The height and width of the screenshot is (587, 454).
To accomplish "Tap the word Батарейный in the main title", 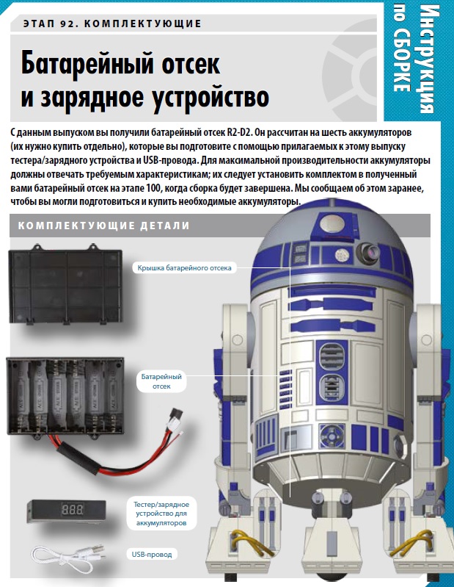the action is tap(87, 64).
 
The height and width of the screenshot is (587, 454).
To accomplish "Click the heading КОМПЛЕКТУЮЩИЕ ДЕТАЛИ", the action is tap(104, 226).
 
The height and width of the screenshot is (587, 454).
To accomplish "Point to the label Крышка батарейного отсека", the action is tap(184, 267).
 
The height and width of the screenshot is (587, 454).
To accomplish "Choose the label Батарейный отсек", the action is tap(161, 381).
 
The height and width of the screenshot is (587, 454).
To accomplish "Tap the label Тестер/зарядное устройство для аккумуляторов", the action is tap(161, 514).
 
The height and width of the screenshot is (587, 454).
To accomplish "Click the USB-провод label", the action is tap(152, 554).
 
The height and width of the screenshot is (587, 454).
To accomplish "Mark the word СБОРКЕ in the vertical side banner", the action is tap(402, 61).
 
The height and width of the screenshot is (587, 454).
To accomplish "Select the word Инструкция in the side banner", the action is tap(427, 60).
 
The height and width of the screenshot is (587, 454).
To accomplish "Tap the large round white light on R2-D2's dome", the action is tap(332, 223).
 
